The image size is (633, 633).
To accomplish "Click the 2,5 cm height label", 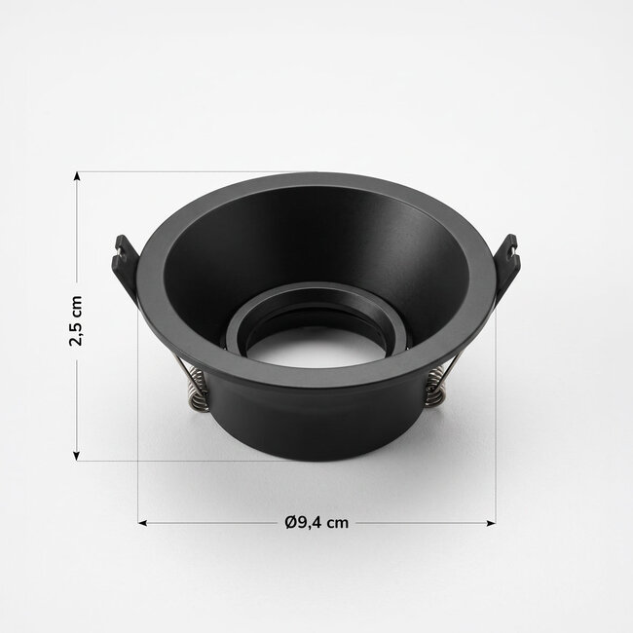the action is [x=76, y=321].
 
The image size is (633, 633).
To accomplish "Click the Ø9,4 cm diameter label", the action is [x=316, y=522].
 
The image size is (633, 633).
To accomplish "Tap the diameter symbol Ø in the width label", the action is [x=290, y=522].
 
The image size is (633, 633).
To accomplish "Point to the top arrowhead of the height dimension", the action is [x=76, y=175].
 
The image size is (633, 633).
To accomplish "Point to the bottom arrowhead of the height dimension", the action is [x=76, y=456].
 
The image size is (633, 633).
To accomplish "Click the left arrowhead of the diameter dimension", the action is [x=142, y=523].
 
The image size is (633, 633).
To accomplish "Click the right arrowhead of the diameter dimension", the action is [x=491, y=523].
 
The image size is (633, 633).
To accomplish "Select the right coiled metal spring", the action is [x=435, y=389].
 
